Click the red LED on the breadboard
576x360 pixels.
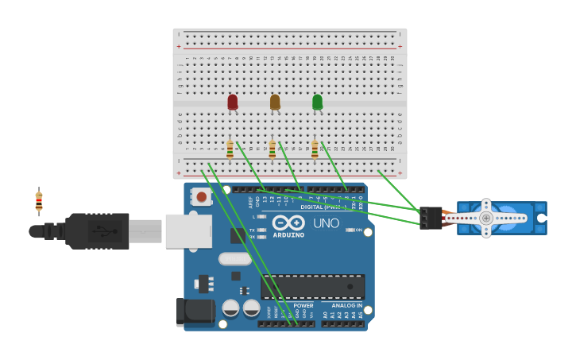[232, 102]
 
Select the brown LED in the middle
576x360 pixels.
[275, 102]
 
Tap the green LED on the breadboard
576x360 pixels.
[317, 102]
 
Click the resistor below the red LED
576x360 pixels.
[230, 149]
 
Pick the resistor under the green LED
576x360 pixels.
[315, 149]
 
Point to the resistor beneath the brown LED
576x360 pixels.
[273, 149]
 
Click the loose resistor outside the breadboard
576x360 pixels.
[39, 202]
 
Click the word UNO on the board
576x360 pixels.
[326, 223]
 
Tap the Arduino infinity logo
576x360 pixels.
[288, 223]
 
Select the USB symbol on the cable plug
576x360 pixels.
[99, 231]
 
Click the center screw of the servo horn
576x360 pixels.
[486, 218]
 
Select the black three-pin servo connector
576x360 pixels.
[431, 218]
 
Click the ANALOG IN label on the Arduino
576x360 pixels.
[346, 305]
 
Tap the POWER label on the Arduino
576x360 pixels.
[303, 305]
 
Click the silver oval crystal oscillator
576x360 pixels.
[235, 258]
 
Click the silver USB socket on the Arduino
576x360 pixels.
[188, 231]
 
